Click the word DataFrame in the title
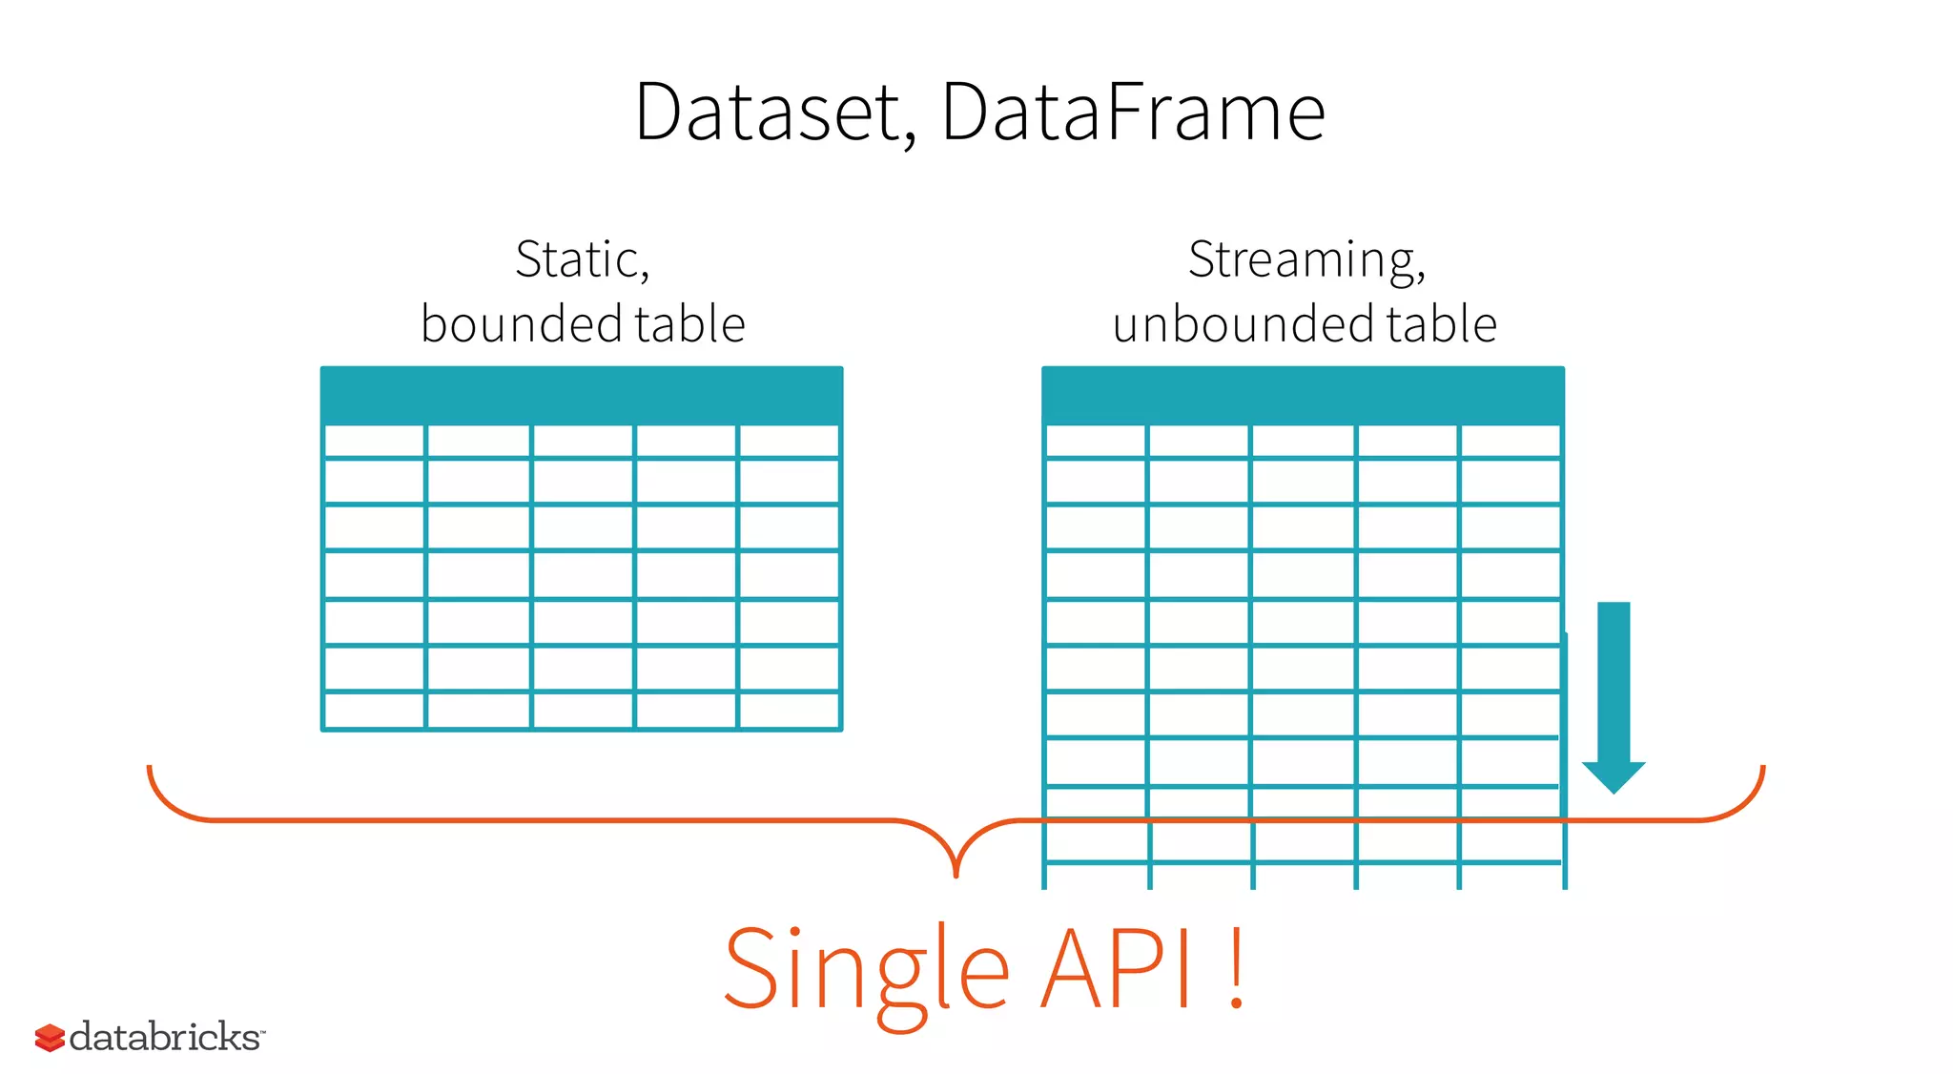tap(1133, 113)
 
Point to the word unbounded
tap(1244, 324)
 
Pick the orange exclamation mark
tap(1236, 969)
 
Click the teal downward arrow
tap(1614, 696)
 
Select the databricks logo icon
tap(50, 1038)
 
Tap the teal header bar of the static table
tap(582, 395)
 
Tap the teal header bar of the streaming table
tap(1303, 395)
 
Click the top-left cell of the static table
tap(375, 442)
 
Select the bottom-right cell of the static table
tap(789, 711)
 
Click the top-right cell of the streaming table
tap(1510, 442)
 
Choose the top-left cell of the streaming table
tap(1096, 442)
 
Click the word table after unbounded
tap(1441, 324)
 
